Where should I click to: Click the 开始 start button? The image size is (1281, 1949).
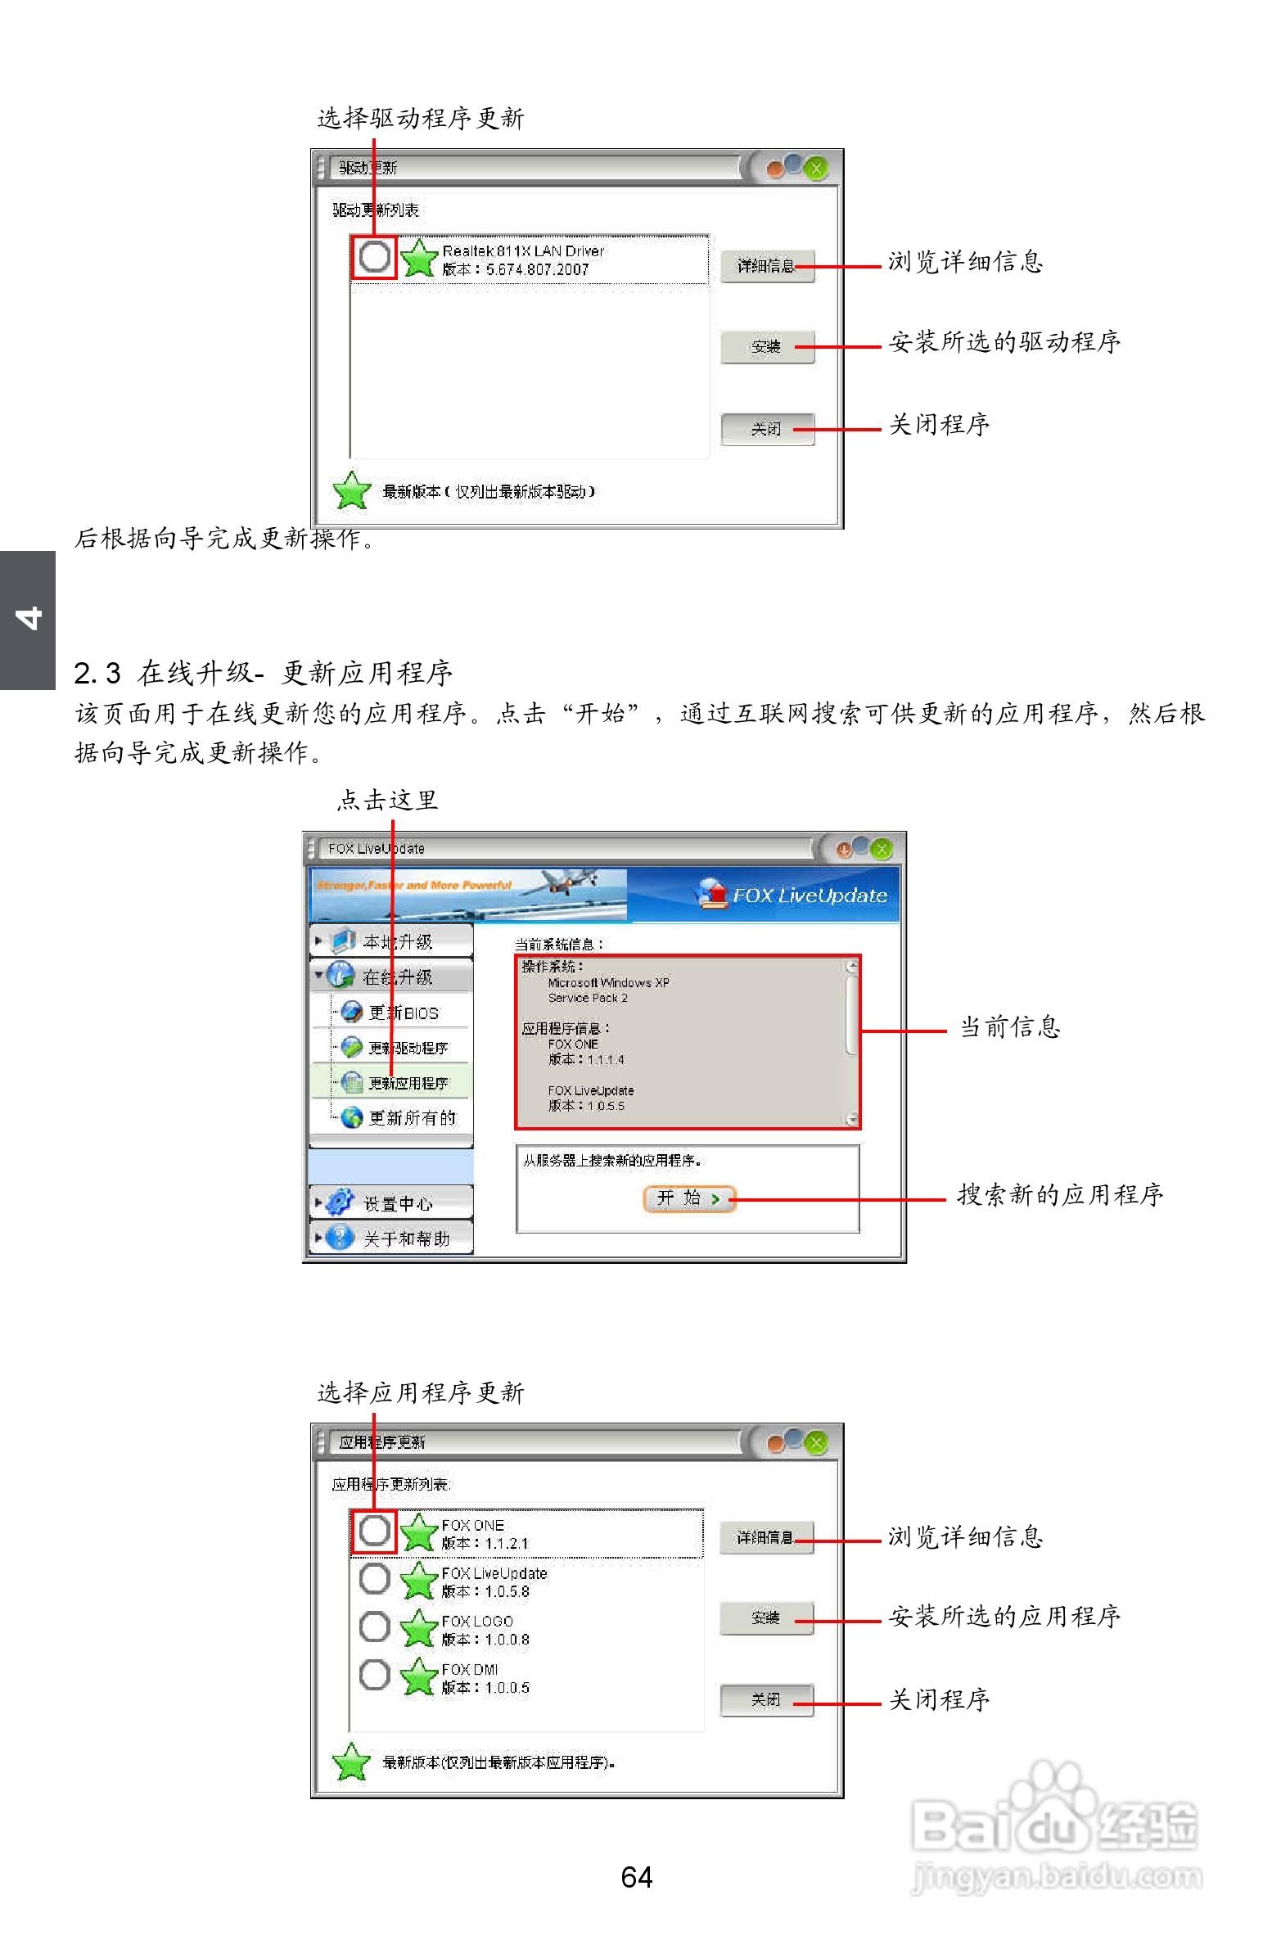point(689,1199)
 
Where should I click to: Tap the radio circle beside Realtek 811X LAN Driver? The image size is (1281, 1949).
point(374,256)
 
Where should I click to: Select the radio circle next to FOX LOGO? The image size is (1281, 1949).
point(374,1626)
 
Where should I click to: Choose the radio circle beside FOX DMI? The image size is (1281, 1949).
point(374,1674)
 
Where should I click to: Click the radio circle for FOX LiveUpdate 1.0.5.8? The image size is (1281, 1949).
point(374,1578)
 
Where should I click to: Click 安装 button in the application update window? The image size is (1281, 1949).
point(766,1617)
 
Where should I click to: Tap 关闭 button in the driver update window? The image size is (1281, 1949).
point(767,428)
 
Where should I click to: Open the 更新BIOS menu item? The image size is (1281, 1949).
point(402,1013)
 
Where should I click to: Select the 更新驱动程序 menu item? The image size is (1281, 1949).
point(407,1049)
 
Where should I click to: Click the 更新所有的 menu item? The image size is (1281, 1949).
point(411,1118)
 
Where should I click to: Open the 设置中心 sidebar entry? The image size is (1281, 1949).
point(397,1203)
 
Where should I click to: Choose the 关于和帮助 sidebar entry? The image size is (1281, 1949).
point(406,1238)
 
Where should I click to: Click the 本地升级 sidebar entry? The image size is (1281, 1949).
point(397,941)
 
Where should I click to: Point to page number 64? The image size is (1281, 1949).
point(636,1876)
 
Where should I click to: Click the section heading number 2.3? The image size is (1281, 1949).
point(97,673)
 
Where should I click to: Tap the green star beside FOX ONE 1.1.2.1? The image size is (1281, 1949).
point(419,1532)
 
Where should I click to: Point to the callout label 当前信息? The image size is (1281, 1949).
point(1009,1027)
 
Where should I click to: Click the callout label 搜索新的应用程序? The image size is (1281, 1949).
point(1060,1195)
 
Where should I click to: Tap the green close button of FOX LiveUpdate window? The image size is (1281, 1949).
point(882,848)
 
